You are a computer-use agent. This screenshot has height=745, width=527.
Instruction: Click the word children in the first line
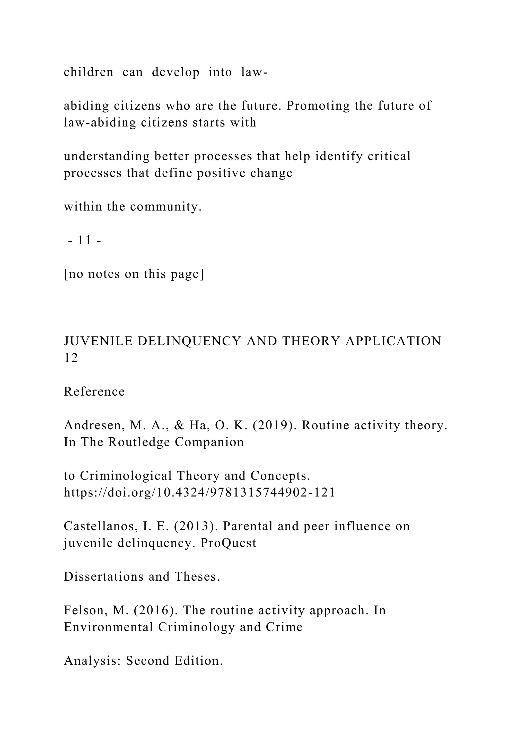click(88, 72)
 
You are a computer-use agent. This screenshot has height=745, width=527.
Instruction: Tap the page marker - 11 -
click(85, 241)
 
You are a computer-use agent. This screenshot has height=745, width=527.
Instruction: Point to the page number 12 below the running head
click(71, 358)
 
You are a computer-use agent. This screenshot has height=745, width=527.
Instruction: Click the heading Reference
click(94, 392)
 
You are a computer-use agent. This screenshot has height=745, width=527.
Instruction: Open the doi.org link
click(199, 493)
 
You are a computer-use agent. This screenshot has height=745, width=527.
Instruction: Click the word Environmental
click(108, 627)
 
